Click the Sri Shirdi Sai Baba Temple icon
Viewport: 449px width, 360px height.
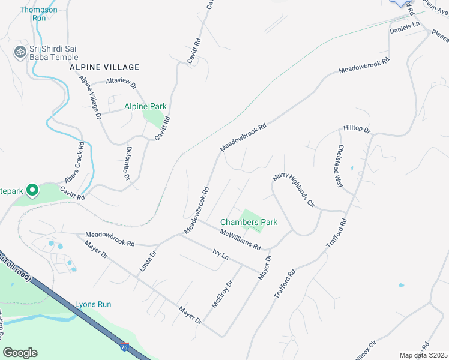click(20, 52)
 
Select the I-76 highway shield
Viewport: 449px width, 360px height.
click(124, 347)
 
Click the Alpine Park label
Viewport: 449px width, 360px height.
click(145, 107)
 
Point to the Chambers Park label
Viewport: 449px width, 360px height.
click(249, 222)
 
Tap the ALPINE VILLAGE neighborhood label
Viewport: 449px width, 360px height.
click(104, 67)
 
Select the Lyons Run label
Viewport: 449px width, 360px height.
click(93, 304)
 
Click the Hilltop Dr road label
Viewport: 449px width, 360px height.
click(357, 129)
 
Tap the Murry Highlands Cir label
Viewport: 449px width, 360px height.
click(294, 190)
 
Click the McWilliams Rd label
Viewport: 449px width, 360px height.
click(240, 239)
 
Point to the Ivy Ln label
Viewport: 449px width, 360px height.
click(221, 255)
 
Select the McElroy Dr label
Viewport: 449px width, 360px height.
click(221, 294)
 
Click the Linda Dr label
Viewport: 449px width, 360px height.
click(148, 262)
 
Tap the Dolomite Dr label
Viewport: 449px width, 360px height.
click(127, 164)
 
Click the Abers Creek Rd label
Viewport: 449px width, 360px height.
click(73, 163)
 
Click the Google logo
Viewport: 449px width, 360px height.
click(20, 353)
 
